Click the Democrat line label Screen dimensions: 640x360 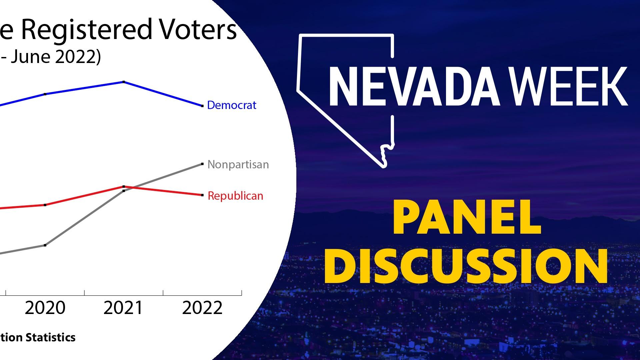pos(232,105)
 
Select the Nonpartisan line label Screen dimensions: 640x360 pos(238,164)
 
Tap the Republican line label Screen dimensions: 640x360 pos(235,196)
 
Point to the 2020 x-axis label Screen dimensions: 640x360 pos(45,308)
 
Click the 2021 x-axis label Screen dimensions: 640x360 pos(123,308)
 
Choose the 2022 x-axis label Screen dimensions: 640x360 pos(202,308)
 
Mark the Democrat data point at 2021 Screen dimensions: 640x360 pos(124,82)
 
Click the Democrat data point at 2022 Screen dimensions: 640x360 pos(202,106)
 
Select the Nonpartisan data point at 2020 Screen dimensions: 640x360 pos(45,245)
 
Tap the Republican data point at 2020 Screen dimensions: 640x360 pos(45,205)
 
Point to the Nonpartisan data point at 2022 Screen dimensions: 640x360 pos(202,164)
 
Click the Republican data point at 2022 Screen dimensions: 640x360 pos(202,195)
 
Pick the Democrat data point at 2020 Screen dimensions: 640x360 pos(45,94)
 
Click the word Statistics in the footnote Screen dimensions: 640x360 pos(51,337)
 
